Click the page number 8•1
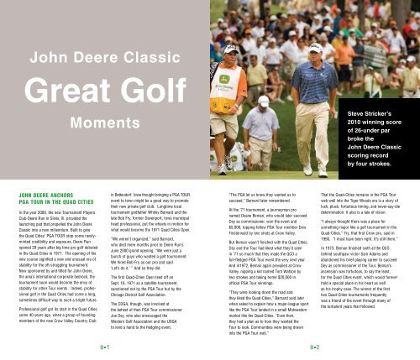click(x=104, y=345)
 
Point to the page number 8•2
click(x=314, y=345)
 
